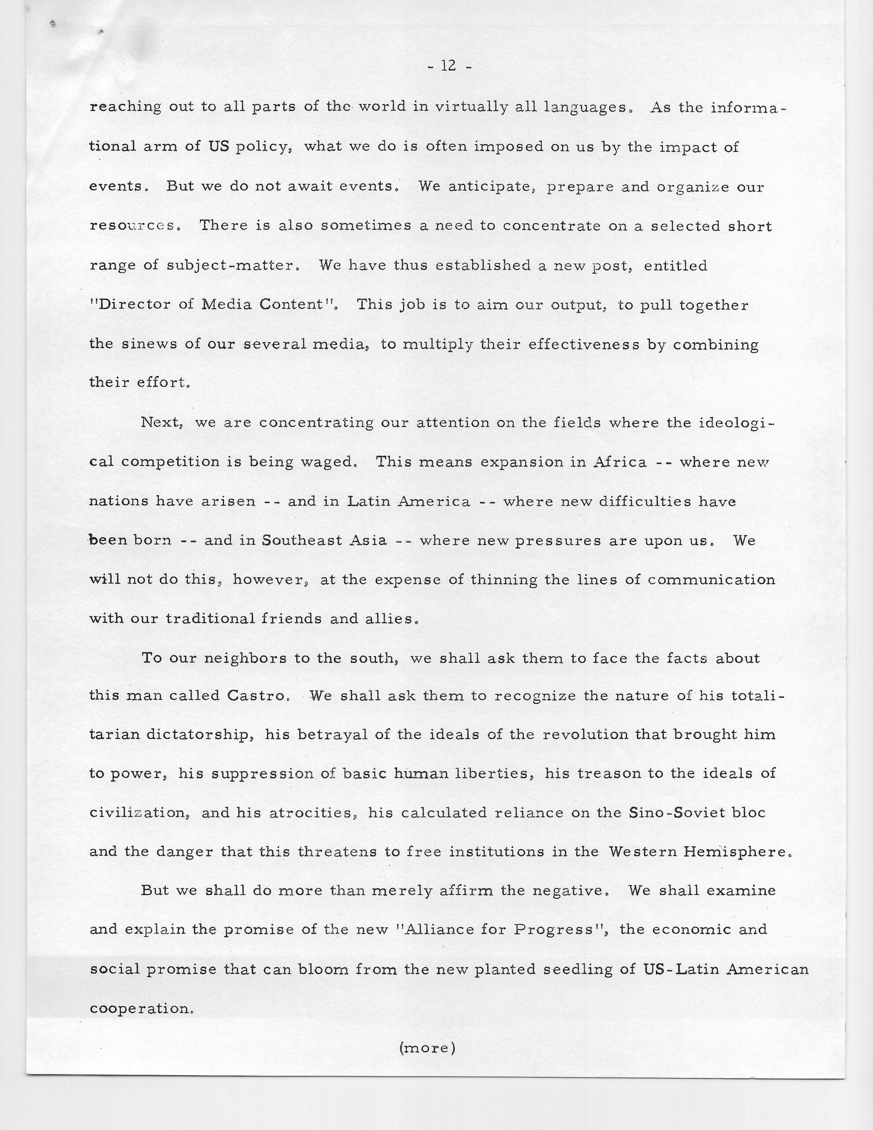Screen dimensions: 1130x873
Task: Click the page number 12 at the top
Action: (x=448, y=66)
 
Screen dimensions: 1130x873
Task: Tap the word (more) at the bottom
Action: (x=427, y=1048)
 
